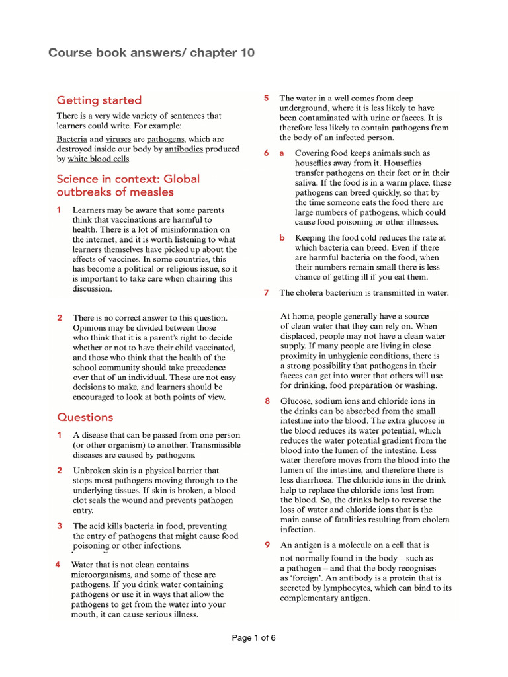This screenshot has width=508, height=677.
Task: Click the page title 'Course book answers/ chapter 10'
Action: coord(151,53)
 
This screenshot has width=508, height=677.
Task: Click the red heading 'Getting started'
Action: coord(99,100)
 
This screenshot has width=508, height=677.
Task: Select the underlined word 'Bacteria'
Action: coord(71,139)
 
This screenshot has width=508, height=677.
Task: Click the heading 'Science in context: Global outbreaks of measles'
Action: coord(127,185)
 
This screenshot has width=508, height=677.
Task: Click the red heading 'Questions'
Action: coord(85,417)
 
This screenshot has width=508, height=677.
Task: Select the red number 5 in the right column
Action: coord(266,98)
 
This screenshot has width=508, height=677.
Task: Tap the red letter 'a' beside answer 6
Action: coord(281,153)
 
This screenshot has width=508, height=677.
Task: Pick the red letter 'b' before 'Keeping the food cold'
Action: coord(281,237)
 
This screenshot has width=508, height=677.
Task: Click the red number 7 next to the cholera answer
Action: coord(266,292)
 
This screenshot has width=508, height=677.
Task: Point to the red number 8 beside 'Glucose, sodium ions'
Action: coord(267,401)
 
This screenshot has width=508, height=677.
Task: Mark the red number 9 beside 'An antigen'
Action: coord(267,545)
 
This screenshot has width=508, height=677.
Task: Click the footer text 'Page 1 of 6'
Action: coord(253,638)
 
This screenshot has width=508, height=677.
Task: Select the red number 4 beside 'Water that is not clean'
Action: coord(58,565)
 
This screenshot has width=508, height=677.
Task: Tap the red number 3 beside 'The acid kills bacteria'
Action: coord(60,526)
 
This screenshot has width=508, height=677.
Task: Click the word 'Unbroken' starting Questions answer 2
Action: coord(91,470)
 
